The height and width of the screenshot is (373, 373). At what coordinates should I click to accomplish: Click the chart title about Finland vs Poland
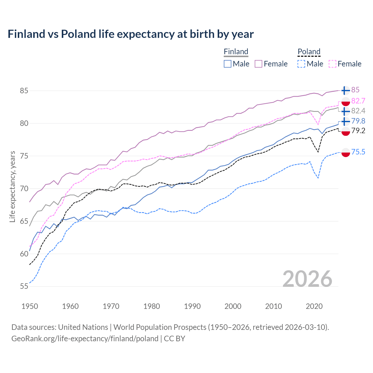(131, 34)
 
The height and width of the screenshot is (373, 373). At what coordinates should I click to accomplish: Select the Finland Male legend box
(228, 64)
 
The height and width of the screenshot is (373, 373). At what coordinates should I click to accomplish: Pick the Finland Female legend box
(258, 64)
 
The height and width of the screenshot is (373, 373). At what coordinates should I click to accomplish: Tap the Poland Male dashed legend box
(301, 64)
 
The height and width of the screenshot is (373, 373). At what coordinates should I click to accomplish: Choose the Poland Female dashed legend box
(332, 64)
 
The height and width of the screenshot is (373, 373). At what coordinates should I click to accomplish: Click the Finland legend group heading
(236, 52)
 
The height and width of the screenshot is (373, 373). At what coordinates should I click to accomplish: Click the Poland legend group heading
(309, 52)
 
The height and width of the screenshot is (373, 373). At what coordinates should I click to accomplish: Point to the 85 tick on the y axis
(24, 91)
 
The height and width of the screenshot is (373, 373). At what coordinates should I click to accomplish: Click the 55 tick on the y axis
(24, 286)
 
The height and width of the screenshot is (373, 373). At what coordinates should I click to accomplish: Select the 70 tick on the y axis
(24, 189)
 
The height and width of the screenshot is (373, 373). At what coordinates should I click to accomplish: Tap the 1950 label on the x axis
(30, 306)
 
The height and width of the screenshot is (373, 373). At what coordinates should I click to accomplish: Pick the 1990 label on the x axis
(192, 306)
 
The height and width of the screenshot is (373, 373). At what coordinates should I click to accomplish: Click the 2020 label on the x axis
(314, 306)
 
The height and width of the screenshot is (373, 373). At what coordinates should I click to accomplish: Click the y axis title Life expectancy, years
(12, 186)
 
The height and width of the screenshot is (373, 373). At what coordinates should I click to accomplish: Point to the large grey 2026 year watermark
(307, 279)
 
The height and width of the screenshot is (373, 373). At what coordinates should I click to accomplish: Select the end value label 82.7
(358, 101)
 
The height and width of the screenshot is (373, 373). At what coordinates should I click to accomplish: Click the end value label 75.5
(358, 152)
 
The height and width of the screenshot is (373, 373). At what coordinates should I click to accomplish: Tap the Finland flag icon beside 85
(345, 91)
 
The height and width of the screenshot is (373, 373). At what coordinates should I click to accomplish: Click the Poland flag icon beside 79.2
(346, 131)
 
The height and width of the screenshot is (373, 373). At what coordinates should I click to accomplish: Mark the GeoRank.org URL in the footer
(85, 339)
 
